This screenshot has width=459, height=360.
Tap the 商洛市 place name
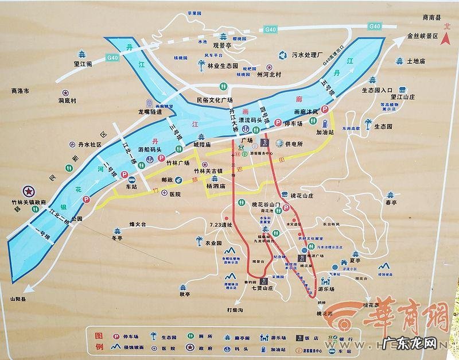20,91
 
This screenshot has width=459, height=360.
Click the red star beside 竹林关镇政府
26,191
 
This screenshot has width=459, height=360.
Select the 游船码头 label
151,150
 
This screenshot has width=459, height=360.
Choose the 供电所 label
293,144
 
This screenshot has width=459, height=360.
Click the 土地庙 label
416,61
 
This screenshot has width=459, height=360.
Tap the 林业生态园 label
222,66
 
